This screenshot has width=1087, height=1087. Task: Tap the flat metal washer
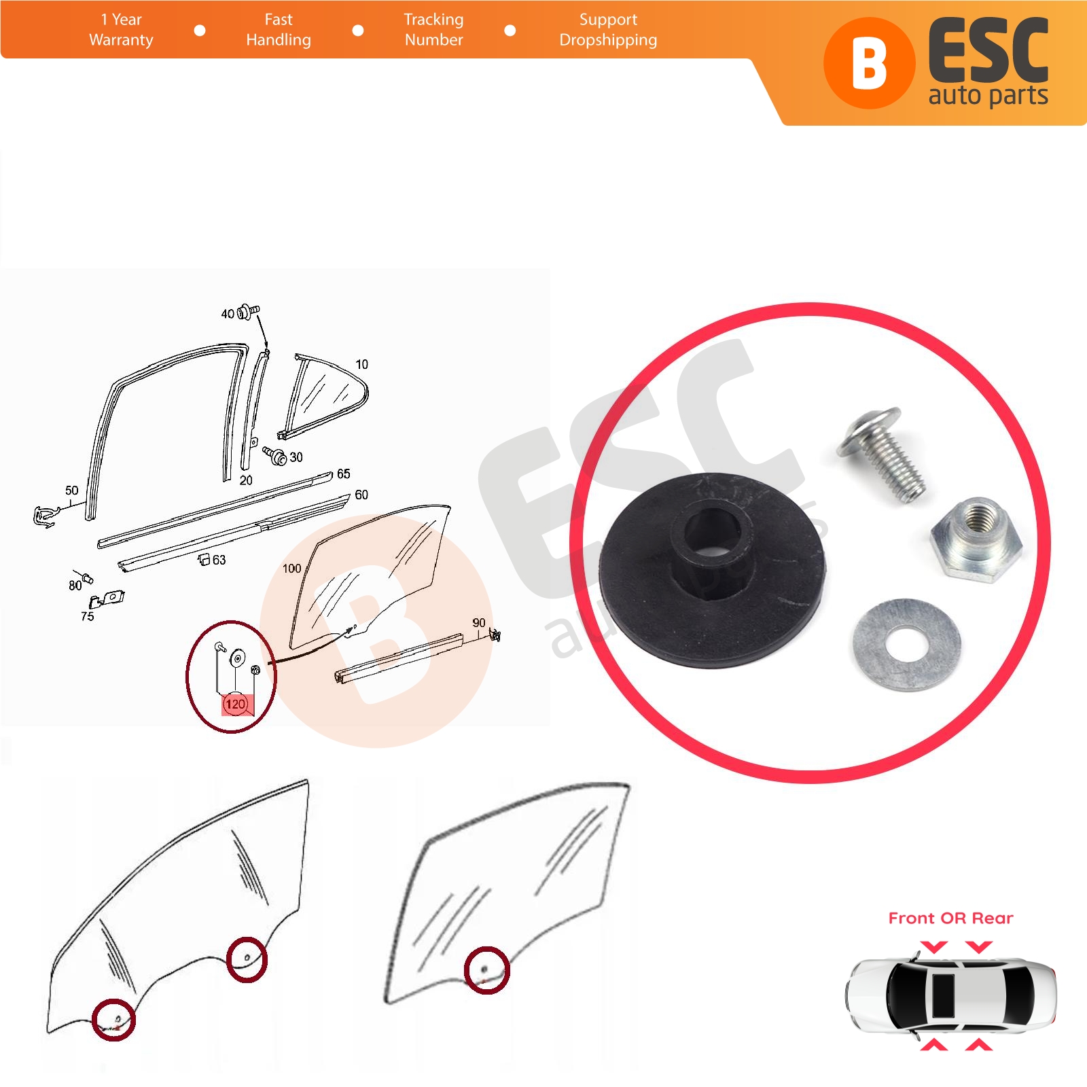click(908, 644)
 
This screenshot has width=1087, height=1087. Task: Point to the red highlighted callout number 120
click(235, 704)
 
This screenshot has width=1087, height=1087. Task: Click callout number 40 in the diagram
click(228, 314)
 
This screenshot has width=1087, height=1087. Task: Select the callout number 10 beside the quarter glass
click(362, 365)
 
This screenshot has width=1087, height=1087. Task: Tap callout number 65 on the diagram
click(344, 474)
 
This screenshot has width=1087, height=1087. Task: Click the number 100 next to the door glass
click(292, 569)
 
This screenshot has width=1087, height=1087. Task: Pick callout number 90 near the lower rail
click(479, 623)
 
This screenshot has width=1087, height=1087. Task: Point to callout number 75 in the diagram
click(87, 616)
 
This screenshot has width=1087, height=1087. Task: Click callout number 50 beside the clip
click(72, 491)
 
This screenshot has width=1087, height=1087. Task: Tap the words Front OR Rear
click(950, 919)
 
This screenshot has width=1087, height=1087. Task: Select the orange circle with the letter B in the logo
click(869, 63)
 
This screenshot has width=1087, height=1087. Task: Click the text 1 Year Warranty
click(121, 30)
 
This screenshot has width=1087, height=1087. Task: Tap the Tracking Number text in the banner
click(433, 30)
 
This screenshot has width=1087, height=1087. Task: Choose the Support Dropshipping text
click(608, 30)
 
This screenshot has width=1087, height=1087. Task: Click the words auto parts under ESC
click(988, 96)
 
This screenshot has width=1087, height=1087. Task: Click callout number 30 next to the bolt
click(296, 457)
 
